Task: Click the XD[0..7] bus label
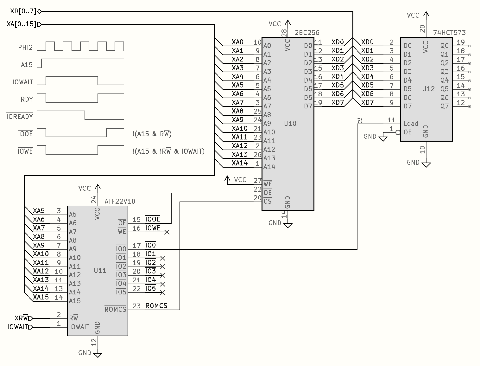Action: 23,11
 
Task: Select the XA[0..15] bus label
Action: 21,24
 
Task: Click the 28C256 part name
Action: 307,33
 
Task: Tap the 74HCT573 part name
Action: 449,33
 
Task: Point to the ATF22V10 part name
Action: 120,201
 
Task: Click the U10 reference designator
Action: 290,123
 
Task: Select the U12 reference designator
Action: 428,89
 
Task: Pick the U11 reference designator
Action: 100,271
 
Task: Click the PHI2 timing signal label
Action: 25,47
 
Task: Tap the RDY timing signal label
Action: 27,99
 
